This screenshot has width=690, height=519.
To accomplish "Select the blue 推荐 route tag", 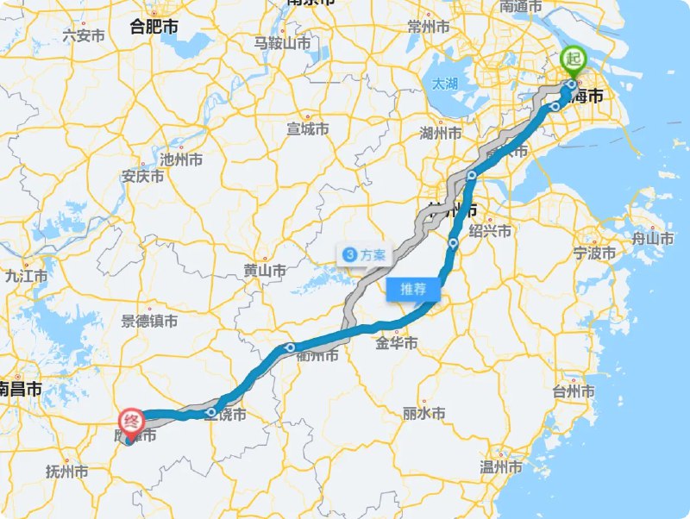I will pos(412,289).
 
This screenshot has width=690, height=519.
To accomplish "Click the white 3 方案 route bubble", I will pos(366,255).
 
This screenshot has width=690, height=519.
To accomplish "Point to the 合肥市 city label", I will pos(154,27).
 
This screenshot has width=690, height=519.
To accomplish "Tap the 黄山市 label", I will pos(265,271).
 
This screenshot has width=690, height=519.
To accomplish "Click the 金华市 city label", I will pos(397,343).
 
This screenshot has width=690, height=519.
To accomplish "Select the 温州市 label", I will pos(501,468).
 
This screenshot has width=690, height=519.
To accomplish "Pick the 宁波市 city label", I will pos(595,253).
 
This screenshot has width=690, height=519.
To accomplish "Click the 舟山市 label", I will pos(653,238).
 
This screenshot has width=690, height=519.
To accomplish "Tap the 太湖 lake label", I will pos(445,84).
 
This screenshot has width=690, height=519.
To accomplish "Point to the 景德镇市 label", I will pos(149,321).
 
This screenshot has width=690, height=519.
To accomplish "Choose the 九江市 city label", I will pos(26,276).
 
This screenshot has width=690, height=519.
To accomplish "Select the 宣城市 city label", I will pos(308,129).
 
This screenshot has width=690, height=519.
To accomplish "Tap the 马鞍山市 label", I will pos(282,42).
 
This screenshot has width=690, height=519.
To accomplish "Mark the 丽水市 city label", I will pos(423,414).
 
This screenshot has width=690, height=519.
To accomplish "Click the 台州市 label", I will pos(574,392).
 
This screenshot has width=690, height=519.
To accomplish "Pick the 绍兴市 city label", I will pos(490,231).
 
